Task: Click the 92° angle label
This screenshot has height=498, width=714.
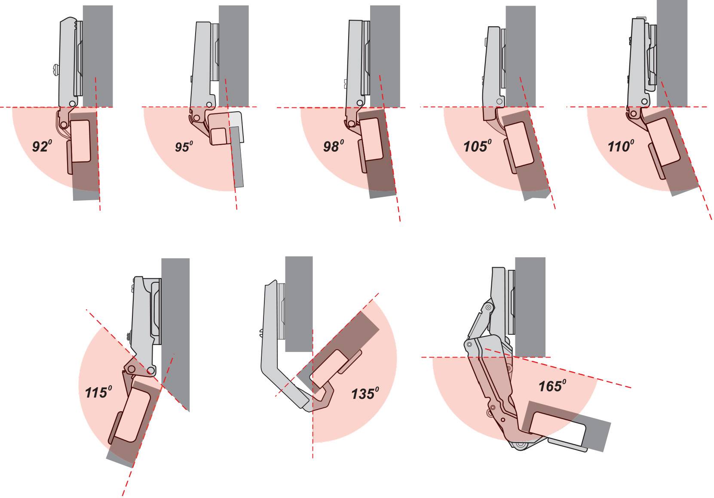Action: [x=42, y=146]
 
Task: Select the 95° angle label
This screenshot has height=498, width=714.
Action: [x=184, y=147]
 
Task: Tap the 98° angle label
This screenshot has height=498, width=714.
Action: [x=334, y=146]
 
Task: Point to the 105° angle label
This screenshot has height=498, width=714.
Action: [x=477, y=146]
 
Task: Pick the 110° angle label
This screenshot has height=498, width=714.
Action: [x=621, y=146]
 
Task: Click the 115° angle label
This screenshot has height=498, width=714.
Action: [x=98, y=392]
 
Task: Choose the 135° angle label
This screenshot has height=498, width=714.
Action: [x=365, y=394]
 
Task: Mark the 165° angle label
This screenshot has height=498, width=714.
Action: [x=552, y=386]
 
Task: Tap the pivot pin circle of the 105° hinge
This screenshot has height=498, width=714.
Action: [x=499, y=102]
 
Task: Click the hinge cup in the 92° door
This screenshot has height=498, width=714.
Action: [x=80, y=141]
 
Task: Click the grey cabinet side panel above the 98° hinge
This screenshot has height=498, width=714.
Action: [x=385, y=56]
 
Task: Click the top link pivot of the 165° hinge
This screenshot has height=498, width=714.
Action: [x=488, y=308]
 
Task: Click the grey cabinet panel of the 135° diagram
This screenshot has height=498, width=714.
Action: [x=299, y=304]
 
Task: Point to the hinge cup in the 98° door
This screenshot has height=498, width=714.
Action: [x=372, y=139]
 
